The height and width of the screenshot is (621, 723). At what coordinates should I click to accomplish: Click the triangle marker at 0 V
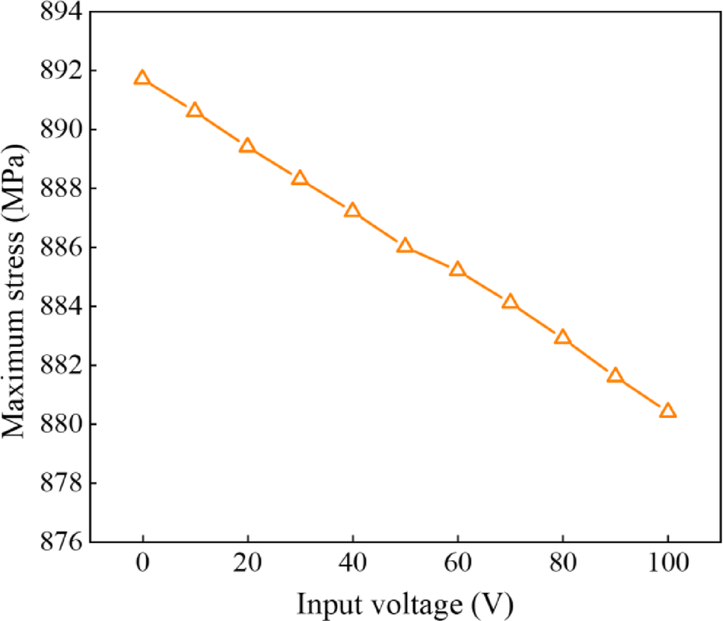(142, 78)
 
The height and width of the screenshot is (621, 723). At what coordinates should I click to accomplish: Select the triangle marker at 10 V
(195, 111)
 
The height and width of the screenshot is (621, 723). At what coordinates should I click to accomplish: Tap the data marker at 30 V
(300, 178)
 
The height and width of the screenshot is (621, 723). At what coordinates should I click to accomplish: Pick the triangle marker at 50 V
(405, 246)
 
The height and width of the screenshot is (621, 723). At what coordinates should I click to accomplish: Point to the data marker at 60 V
(457, 269)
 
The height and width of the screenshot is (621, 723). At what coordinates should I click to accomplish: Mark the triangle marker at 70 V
(510, 302)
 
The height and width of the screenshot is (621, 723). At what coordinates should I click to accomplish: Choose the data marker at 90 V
(615, 375)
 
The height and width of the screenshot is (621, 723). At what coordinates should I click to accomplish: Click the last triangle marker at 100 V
(668, 411)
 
